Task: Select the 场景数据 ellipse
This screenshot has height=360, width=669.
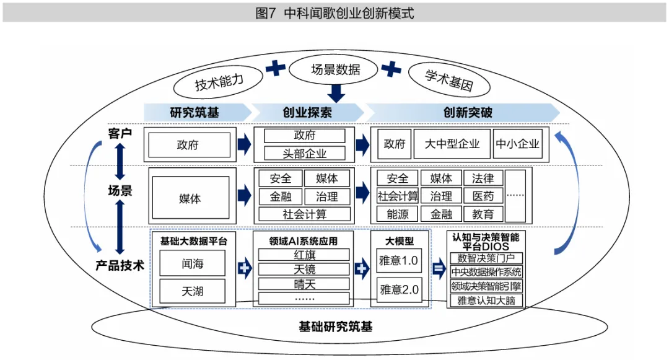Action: (335, 69)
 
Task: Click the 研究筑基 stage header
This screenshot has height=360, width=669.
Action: (195, 112)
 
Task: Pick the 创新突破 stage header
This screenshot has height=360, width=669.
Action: (468, 112)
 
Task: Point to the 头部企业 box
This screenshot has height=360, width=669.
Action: (304, 153)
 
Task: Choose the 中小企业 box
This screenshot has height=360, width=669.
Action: (517, 144)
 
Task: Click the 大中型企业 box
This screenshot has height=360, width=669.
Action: (452, 144)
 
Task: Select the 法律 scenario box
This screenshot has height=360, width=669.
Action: (483, 178)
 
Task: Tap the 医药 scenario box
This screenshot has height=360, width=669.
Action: (483, 196)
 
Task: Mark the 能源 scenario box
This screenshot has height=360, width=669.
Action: (397, 214)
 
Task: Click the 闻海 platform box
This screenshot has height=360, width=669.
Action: (192, 263)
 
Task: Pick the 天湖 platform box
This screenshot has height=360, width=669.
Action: (192, 291)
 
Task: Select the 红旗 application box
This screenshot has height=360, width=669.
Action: (304, 255)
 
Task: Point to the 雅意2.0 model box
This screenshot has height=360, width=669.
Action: (399, 289)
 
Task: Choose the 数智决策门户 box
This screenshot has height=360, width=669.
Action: (486, 258)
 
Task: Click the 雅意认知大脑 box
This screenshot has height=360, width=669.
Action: (486, 301)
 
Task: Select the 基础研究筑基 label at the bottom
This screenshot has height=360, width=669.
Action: (335, 327)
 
